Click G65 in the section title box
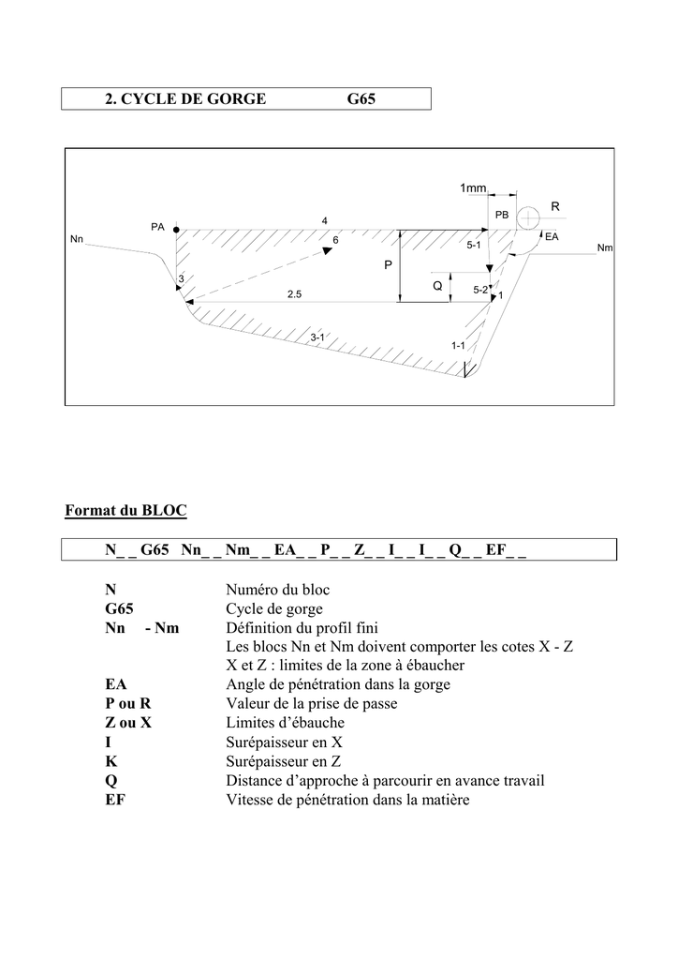point(361,99)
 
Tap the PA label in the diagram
point(157,227)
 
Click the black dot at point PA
point(176,231)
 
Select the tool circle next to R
point(528,217)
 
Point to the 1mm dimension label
point(473,187)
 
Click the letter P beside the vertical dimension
point(388,265)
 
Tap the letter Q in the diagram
point(437,285)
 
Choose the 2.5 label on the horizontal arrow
point(295,294)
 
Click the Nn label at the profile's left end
point(77,239)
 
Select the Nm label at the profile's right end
point(605,247)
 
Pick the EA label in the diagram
point(552,236)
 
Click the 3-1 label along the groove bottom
point(317,337)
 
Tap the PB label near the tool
point(501,215)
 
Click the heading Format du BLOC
point(125,511)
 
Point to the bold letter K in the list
point(111,761)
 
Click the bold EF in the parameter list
point(115,800)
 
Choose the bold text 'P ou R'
point(127,703)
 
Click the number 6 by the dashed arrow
point(335,241)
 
